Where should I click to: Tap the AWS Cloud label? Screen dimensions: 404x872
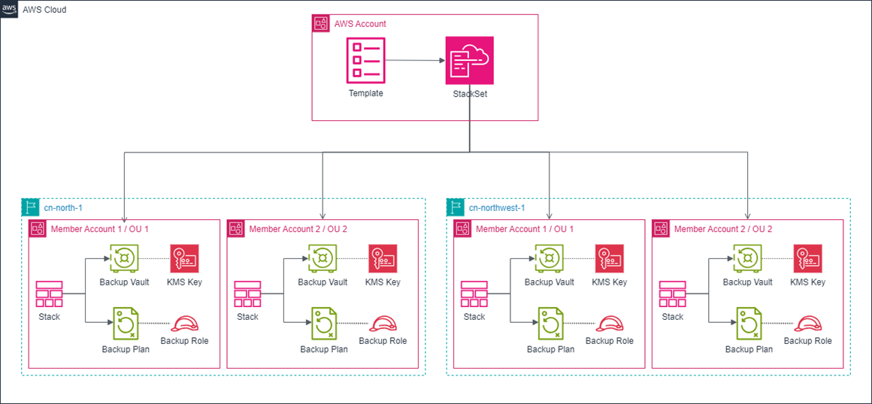pyautogui.click(x=44, y=10)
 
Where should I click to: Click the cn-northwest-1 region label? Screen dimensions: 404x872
pyautogui.click(x=496, y=207)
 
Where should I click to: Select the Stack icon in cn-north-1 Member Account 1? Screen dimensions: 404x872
pyautogui.click(x=50, y=294)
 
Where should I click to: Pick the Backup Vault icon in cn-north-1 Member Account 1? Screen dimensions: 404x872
pyautogui.click(x=124, y=258)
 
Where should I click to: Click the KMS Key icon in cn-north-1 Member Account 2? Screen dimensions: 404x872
pyautogui.click(x=383, y=258)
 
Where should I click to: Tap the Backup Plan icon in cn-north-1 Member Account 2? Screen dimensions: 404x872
pyautogui.click(x=323, y=324)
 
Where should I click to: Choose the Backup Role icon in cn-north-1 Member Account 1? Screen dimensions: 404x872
pyautogui.click(x=184, y=324)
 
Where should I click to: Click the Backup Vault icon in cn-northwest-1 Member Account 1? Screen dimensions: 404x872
pyautogui.click(x=550, y=258)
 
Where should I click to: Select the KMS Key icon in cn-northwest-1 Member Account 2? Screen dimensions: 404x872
pyautogui.click(x=807, y=258)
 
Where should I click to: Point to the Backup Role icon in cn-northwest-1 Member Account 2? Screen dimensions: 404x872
pyautogui.click(x=808, y=324)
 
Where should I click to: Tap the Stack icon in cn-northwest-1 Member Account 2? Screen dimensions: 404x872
pyautogui.click(x=673, y=294)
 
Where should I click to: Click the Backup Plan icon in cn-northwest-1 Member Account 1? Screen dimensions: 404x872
pyautogui.click(x=550, y=324)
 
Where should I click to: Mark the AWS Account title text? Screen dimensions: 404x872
pyautogui.click(x=360, y=24)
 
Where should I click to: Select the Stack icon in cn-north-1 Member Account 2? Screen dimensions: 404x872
pyautogui.click(x=248, y=294)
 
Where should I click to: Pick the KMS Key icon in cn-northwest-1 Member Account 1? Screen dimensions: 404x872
pyautogui.click(x=610, y=258)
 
